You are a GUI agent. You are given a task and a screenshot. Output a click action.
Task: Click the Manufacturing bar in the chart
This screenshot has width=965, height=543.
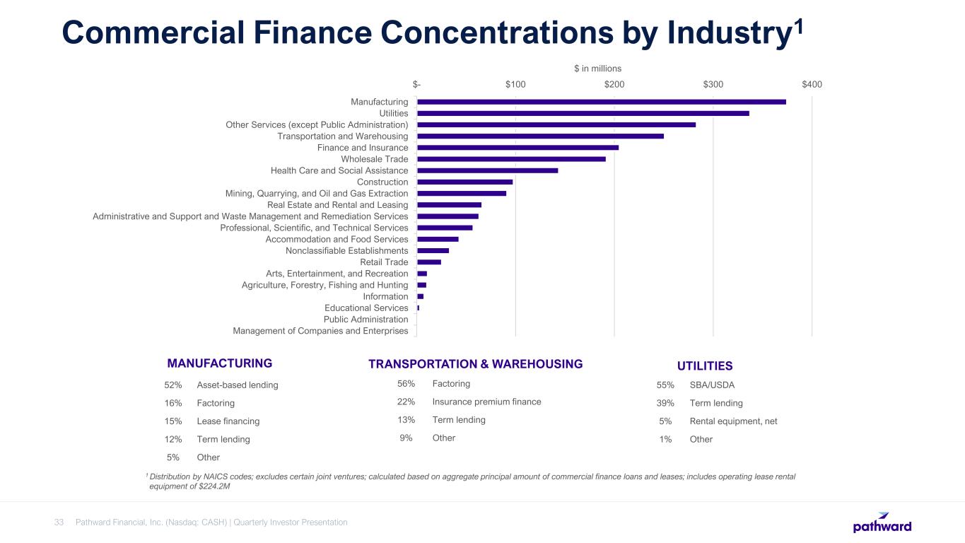pos(601,102)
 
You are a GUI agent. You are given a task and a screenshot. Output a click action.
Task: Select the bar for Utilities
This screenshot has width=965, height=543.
pos(583,113)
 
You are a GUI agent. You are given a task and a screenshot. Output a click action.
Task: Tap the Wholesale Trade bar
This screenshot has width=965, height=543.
pos(511,159)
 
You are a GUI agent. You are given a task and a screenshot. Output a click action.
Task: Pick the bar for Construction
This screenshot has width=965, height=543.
pos(464,182)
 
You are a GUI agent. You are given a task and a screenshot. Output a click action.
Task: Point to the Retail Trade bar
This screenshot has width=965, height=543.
pos(429,262)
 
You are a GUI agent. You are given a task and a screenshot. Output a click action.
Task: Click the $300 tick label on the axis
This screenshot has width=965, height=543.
pos(713,85)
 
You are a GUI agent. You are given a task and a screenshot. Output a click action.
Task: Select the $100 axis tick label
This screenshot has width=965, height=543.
pos(515,85)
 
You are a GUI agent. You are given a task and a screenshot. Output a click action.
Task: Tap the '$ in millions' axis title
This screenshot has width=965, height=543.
pos(597,69)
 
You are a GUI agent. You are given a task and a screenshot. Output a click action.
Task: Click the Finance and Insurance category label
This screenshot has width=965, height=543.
pos(363,148)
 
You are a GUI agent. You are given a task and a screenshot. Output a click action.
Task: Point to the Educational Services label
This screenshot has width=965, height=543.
pos(366,308)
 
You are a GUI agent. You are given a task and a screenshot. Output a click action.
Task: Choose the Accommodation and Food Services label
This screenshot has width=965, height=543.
pos(337,240)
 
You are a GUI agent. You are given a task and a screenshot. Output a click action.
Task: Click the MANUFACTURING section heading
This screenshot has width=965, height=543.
pos(219,363)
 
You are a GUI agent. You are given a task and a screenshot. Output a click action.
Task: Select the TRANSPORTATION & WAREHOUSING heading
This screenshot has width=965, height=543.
pos(475,364)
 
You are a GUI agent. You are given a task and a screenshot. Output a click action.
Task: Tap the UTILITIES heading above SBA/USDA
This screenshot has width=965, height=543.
pos(704,366)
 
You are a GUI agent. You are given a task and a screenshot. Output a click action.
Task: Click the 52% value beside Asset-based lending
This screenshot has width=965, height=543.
pos(173,385)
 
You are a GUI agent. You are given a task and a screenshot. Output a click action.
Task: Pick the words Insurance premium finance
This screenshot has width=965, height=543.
pos(486,402)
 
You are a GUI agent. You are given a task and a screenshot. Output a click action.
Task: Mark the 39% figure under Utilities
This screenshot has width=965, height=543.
pos(665,403)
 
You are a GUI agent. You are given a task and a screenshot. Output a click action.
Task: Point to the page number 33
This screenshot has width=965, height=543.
pos(59,522)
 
